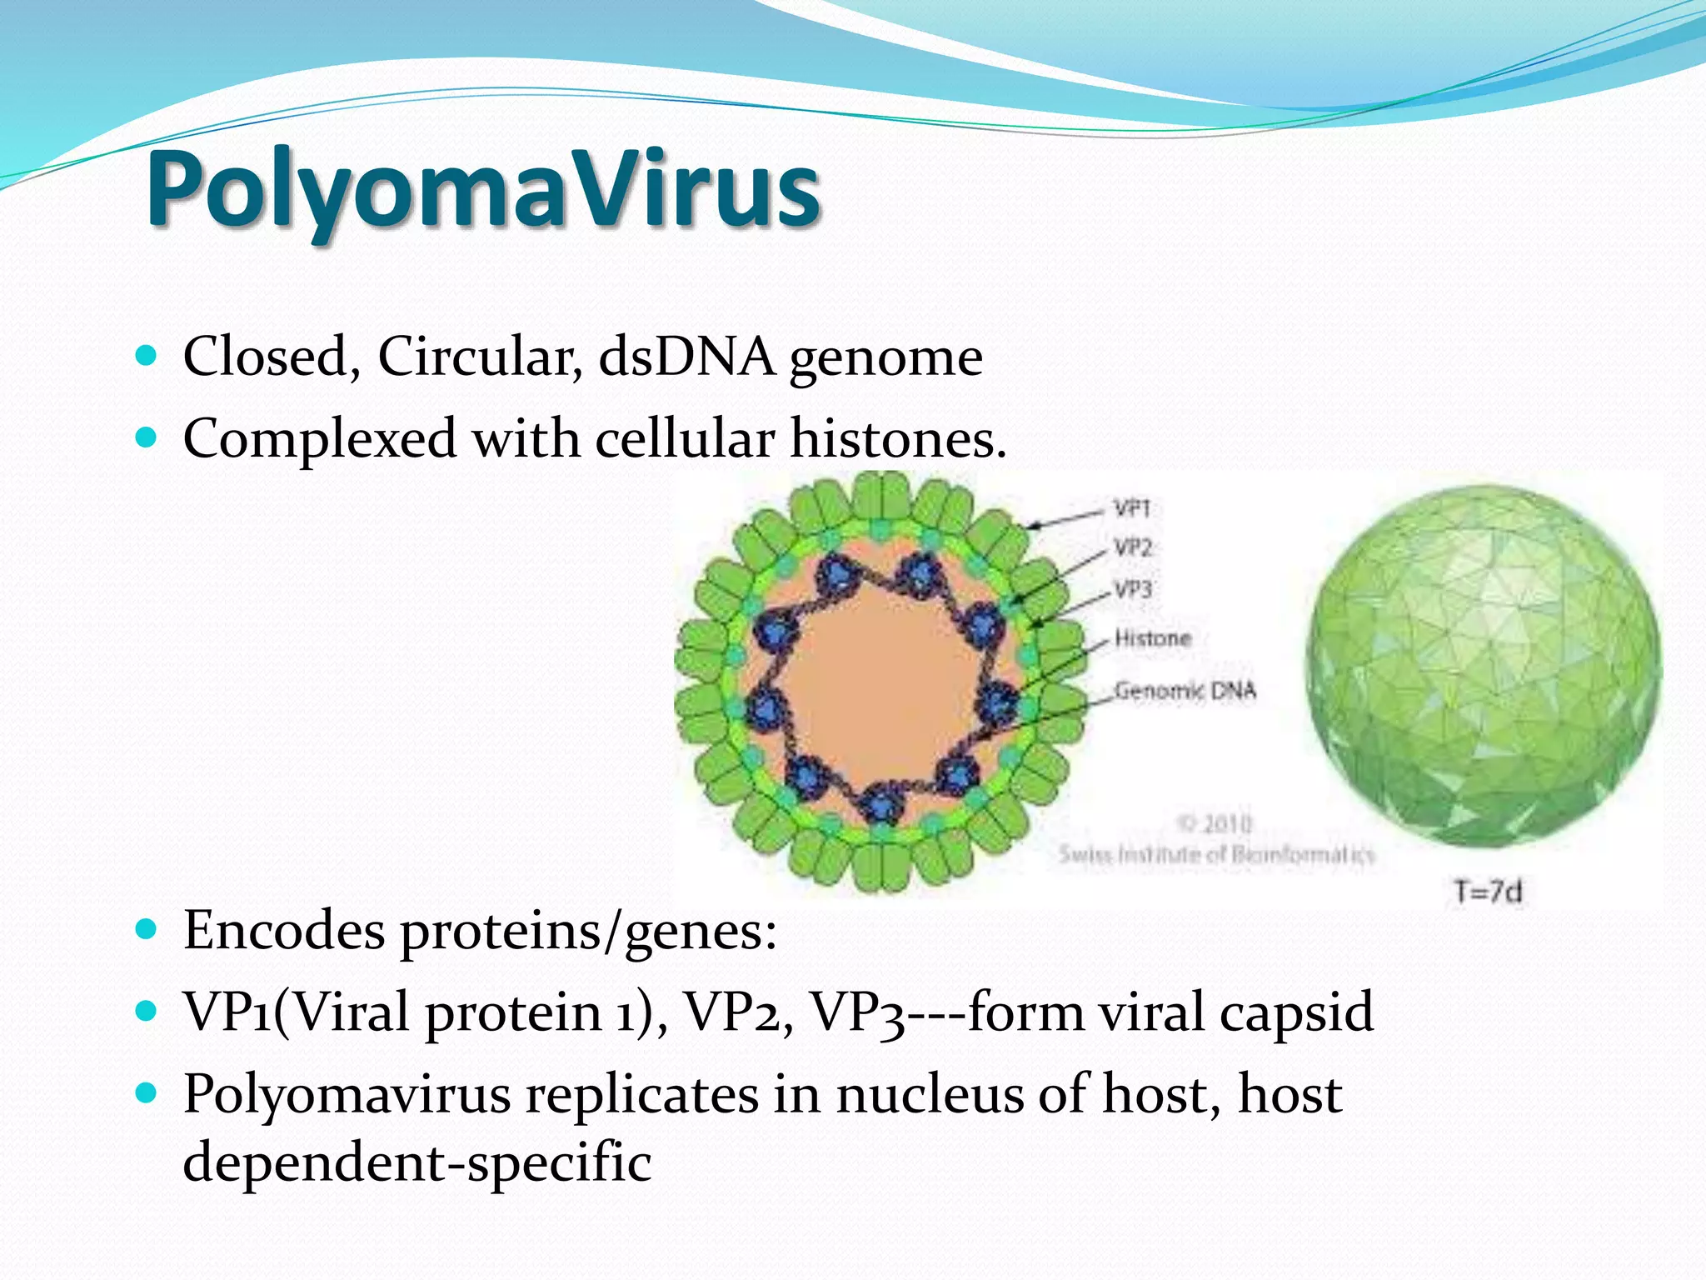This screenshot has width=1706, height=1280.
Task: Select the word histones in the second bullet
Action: [x=898, y=438]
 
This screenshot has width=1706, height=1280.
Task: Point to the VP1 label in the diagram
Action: [x=1132, y=507]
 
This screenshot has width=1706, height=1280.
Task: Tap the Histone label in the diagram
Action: [x=1153, y=638]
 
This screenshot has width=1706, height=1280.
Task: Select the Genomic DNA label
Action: [x=1185, y=691]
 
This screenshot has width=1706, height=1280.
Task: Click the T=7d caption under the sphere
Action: [x=1488, y=892]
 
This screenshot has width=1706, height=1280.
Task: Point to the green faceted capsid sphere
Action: [x=1483, y=667]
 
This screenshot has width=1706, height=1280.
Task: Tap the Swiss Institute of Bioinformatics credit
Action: [x=1216, y=854]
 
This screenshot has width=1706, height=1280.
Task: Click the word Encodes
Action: [x=284, y=930]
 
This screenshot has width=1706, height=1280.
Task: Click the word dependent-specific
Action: [x=417, y=1162]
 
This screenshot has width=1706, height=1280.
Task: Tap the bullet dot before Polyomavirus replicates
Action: [x=146, y=1092]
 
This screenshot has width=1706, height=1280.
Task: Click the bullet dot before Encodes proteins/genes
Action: [x=146, y=929]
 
